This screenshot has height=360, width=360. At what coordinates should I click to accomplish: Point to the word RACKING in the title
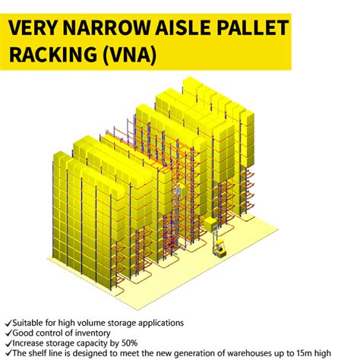pos(51,55)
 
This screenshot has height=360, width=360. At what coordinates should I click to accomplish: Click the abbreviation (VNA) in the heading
pos(129,55)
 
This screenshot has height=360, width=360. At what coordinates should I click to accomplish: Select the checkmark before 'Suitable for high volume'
pos(7,322)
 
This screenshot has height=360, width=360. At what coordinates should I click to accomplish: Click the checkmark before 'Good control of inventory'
pos(7,332)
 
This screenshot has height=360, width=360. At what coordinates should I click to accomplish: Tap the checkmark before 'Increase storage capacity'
pos(7,342)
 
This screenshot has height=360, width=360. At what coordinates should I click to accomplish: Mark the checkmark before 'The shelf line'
pos(7,352)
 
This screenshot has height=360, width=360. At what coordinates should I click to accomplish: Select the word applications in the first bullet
pos(158,322)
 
